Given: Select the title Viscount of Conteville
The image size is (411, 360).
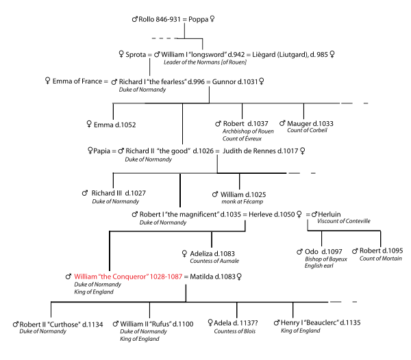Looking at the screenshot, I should [x=344, y=222].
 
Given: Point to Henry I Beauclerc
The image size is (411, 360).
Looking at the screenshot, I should [x=321, y=323].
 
